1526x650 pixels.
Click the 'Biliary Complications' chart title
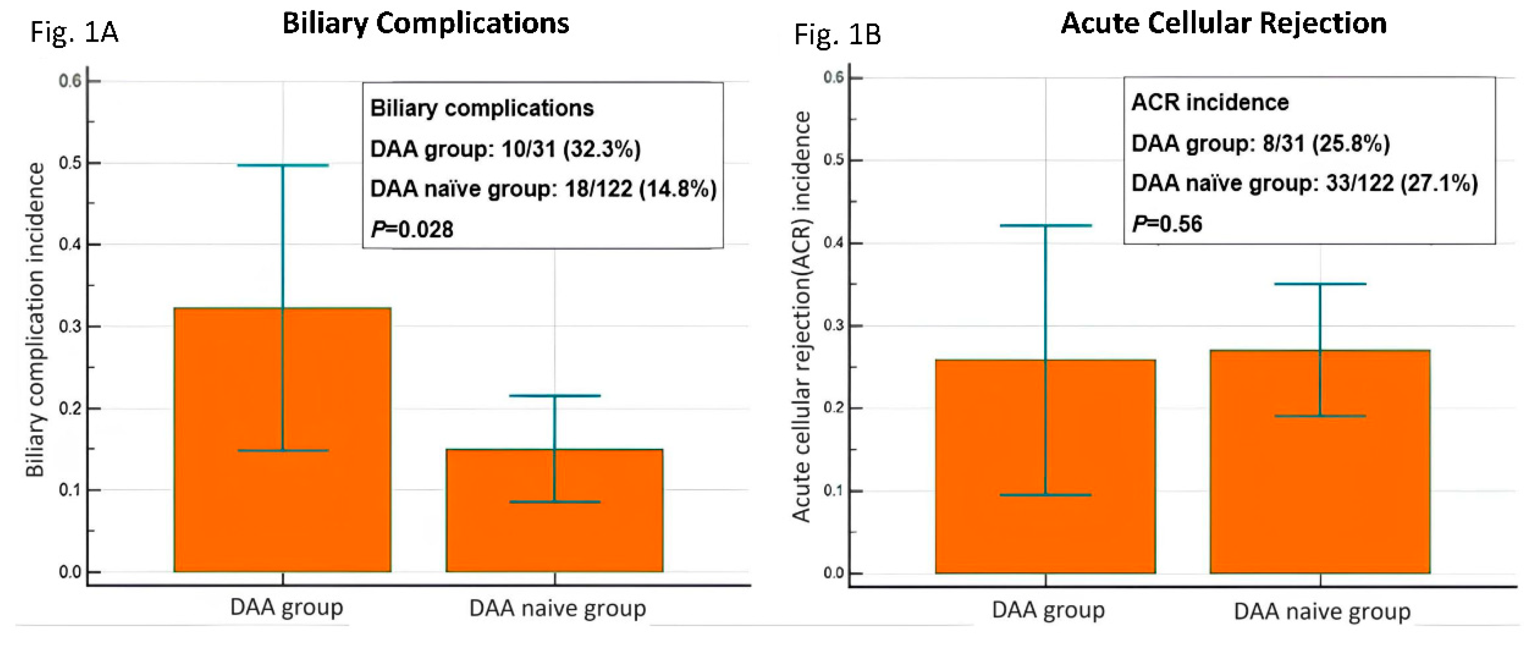pyautogui.click(x=426, y=24)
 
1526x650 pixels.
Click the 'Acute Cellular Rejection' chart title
pyautogui.click(x=1223, y=24)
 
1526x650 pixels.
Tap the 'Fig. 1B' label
pyautogui.click(x=837, y=34)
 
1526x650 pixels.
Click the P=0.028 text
pyautogui.click(x=412, y=229)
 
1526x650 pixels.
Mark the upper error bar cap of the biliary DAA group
pyautogui.click(x=283, y=165)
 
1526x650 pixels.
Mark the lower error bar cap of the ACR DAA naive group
pyautogui.click(x=1320, y=416)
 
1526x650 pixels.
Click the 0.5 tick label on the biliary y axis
pyautogui.click(x=70, y=163)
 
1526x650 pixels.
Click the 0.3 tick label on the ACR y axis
pyautogui.click(x=834, y=326)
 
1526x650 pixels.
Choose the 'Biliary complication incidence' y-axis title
pyautogui.click(x=35, y=320)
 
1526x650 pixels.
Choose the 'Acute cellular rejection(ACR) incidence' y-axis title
pyautogui.click(x=801, y=317)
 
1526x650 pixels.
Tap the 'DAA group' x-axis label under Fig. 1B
pyautogui.click(x=1048, y=610)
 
